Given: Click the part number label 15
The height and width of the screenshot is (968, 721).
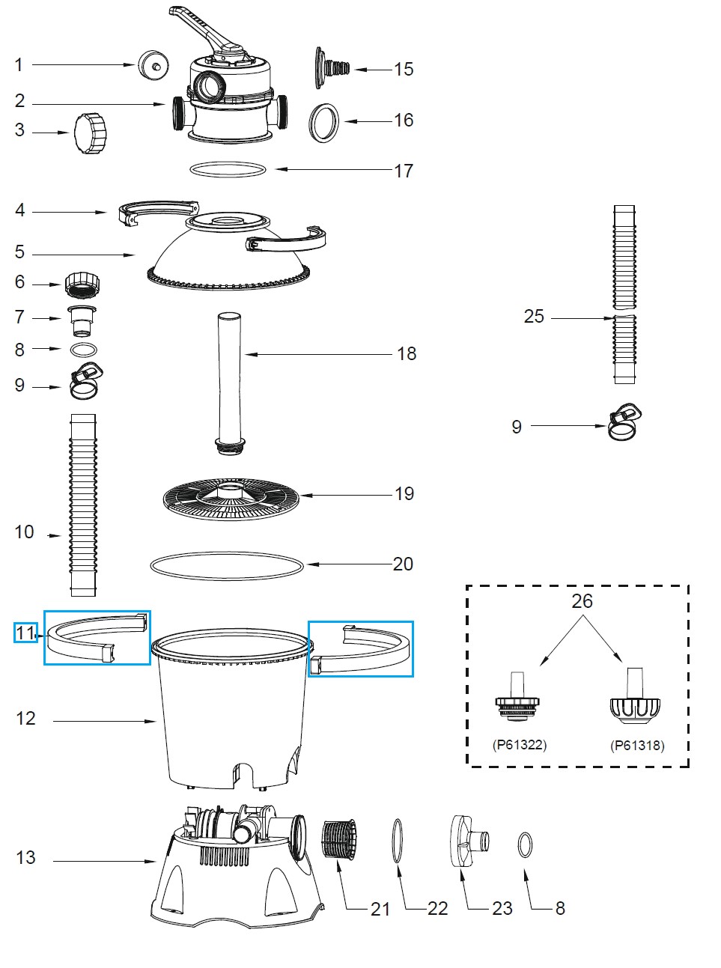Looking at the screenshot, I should [404, 70].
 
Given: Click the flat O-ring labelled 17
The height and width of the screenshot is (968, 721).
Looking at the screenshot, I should [228, 170].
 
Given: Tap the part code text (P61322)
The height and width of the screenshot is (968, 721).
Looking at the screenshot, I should [520, 745].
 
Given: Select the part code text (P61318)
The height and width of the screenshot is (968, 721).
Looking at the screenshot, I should [637, 745].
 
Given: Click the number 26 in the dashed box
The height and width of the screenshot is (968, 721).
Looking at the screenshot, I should [582, 601].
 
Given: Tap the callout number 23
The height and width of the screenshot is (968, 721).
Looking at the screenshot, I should [502, 908].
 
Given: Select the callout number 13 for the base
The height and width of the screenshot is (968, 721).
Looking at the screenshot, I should [25, 857].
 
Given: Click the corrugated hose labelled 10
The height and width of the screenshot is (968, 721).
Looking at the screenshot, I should [83, 505].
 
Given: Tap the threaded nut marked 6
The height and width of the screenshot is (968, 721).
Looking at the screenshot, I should [82, 284].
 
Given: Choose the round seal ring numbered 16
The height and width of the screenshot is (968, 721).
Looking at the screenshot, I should [324, 122].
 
